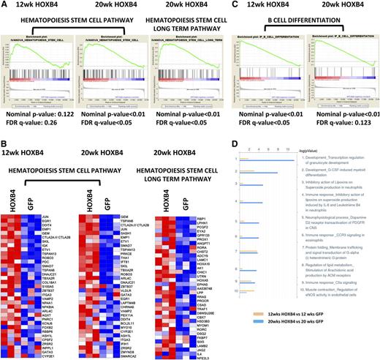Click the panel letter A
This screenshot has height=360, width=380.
pyautogui.click(x=4, y=5)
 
